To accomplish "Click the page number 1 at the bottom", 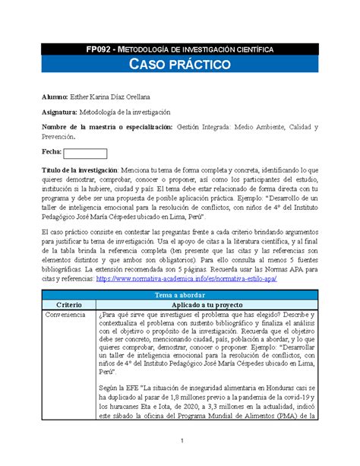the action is coord(180,442).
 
